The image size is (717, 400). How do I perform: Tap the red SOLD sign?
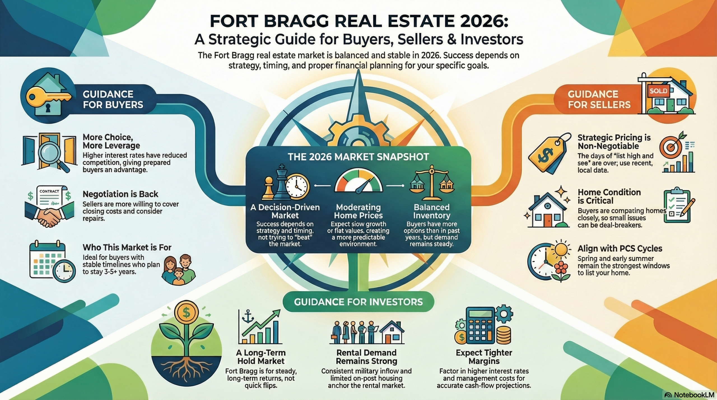pos(658,91)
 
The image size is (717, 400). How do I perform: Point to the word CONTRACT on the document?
pos(49,191)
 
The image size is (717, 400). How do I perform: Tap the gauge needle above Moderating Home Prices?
pos(363,187)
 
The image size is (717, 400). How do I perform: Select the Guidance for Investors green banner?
pos(358,302)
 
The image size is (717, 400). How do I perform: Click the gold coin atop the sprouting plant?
pos(186,312)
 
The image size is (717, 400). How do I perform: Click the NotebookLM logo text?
pos(694,395)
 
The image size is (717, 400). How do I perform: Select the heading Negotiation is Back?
pos(120,194)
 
